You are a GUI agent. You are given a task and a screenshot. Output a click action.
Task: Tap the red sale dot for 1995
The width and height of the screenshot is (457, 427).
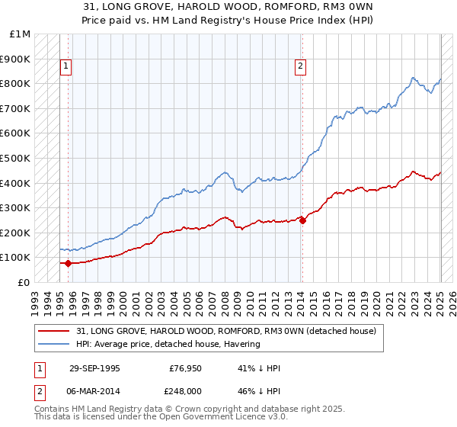68,263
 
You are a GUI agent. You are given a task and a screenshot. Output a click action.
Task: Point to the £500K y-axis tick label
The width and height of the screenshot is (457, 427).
15,158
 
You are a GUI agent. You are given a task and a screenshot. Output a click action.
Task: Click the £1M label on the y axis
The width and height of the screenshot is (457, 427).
21,34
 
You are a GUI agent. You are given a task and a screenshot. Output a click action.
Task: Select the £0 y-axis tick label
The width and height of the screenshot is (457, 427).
24,282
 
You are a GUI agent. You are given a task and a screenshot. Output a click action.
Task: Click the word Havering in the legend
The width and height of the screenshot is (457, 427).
242,344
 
